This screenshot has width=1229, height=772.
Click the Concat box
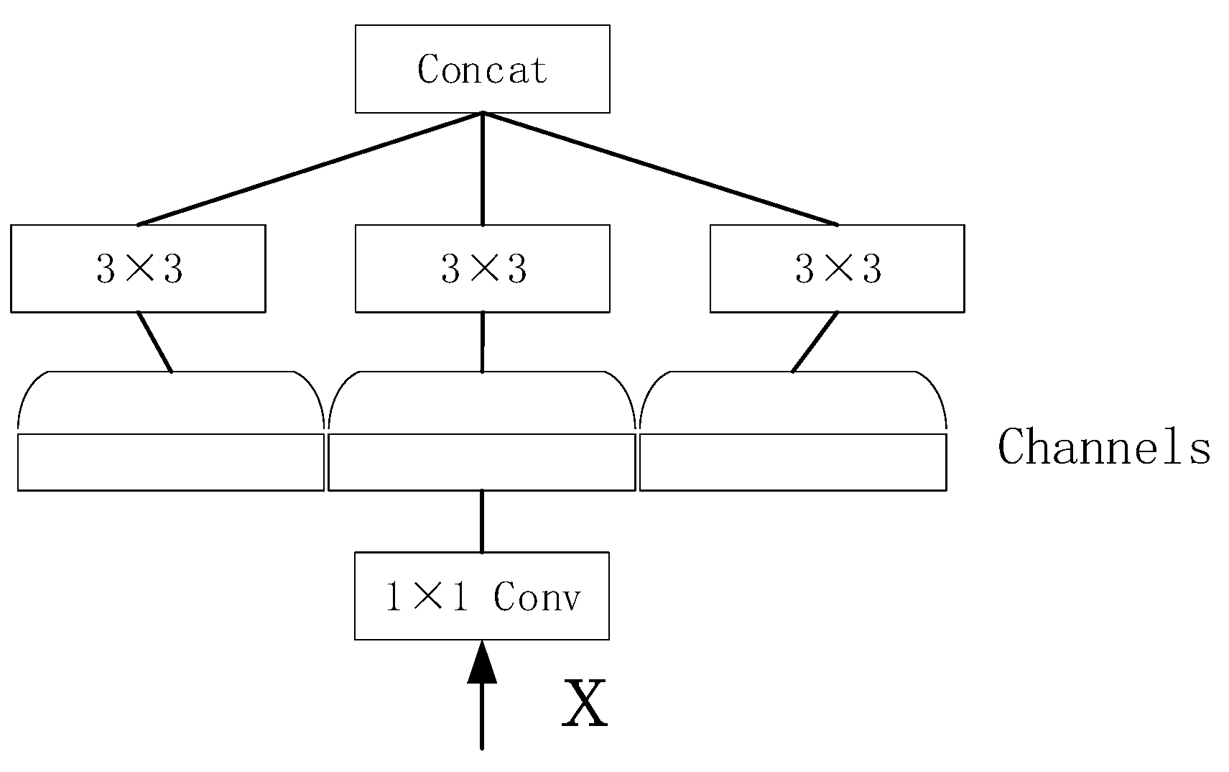coord(482,69)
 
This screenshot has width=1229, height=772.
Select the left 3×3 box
coord(138,269)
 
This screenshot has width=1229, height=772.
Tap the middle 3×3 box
coord(482,269)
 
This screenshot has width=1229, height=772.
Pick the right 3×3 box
coord(837,269)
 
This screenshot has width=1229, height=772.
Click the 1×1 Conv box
coord(482,596)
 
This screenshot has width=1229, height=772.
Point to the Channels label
coord(1103,447)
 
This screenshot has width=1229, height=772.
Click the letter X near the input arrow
coord(585,704)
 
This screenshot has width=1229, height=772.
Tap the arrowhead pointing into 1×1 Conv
coord(482,663)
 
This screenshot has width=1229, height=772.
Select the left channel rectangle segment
coord(171,462)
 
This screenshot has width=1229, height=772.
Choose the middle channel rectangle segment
coord(482,462)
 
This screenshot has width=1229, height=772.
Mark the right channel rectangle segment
coord(792,462)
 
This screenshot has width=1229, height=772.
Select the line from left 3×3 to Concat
coord(309,169)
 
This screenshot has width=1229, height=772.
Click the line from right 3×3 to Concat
coord(661,169)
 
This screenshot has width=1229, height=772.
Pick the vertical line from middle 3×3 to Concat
coord(482,169)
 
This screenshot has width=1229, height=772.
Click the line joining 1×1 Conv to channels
coord(482,521)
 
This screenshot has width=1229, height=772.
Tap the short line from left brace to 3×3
coord(154,341)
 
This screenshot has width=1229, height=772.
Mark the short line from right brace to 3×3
coord(815,341)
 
